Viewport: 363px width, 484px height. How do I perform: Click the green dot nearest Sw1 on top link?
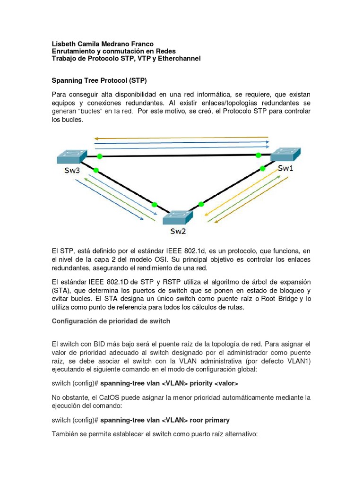[258, 155]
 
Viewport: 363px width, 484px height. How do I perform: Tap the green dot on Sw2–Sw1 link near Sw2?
[201, 204]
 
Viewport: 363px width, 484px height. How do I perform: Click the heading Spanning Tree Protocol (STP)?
[102, 80]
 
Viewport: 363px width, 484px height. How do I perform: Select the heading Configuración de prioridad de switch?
[111, 321]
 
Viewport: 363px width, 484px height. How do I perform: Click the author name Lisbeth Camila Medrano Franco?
[102, 43]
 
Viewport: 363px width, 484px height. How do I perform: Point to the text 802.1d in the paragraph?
[218, 250]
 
